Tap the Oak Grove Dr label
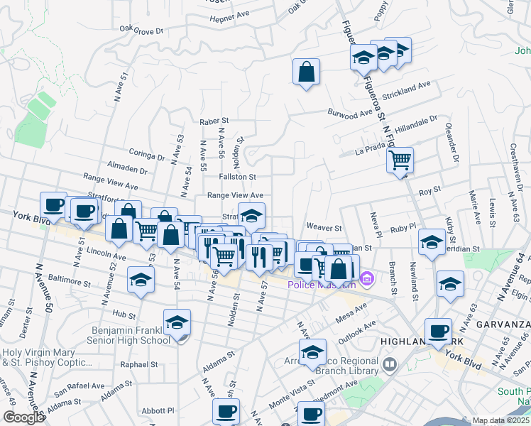click(142, 30)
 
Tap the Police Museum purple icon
click(366, 278)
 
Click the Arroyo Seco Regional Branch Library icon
click(388, 365)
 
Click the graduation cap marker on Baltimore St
click(141, 280)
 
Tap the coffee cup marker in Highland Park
click(438, 331)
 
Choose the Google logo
click(23, 417)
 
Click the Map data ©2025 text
click(501, 420)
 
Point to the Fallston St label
click(237, 176)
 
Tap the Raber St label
click(214, 121)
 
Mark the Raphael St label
click(138, 364)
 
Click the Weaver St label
click(324, 228)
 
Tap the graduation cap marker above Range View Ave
click(251, 215)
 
